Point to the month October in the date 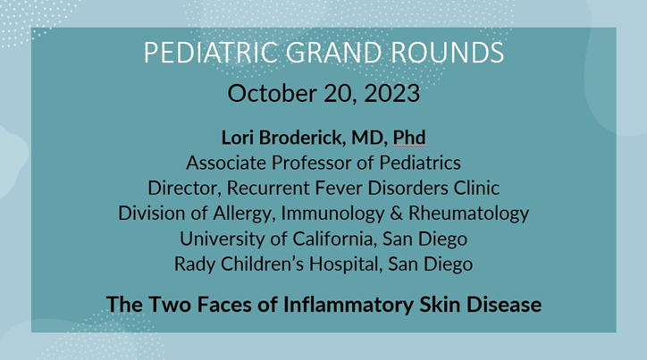point(268,93)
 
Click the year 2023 point(391,93)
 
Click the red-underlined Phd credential point(408,138)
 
